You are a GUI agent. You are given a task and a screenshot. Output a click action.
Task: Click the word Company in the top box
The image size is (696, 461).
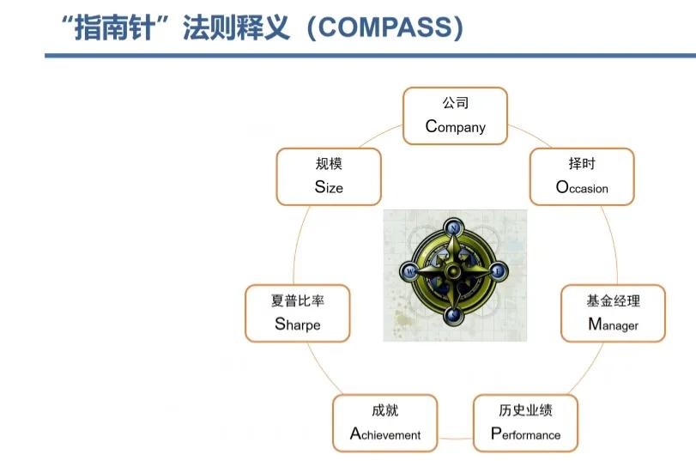click(456, 126)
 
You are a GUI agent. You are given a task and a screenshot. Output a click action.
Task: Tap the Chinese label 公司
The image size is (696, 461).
click(456, 103)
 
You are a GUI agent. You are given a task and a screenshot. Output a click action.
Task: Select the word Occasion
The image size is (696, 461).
click(582, 187)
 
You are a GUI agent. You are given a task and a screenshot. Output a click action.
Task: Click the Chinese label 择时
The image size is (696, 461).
click(582, 163)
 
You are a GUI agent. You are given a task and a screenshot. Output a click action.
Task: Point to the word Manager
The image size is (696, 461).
click(613, 325)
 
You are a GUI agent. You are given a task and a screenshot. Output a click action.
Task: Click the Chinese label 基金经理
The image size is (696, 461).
click(613, 300)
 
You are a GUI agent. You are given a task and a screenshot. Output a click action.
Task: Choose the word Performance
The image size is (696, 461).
click(525, 434)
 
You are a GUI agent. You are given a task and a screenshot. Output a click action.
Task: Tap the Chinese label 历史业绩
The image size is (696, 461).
click(525, 409)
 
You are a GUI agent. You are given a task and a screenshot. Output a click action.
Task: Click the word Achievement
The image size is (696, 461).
click(385, 434)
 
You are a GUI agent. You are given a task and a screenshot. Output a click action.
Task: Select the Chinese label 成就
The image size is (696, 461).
click(385, 410)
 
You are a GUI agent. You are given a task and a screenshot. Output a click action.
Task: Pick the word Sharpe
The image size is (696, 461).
click(298, 324)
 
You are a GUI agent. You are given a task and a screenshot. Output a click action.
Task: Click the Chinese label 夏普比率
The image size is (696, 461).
click(298, 300)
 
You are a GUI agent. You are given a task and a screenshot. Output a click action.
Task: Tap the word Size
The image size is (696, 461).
click(328, 186)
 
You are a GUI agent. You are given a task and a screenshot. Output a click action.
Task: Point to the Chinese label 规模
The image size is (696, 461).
click(328, 163)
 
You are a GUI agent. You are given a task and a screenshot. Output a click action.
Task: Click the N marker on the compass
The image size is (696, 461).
click(453, 227)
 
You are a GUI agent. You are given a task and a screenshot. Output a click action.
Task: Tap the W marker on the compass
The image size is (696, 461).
click(410, 271)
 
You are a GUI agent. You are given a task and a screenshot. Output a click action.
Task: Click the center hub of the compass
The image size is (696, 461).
click(453, 271)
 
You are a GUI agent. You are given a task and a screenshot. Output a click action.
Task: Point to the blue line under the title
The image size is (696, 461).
click(343, 56)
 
